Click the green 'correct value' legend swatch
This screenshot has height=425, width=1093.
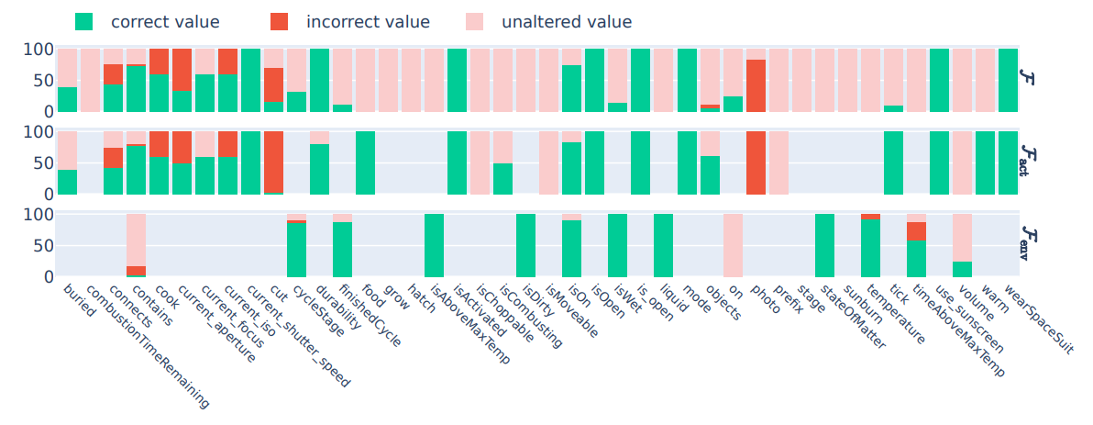click(83, 21)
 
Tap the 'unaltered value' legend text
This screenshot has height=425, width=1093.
click(566, 21)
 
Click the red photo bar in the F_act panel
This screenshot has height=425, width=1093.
click(756, 163)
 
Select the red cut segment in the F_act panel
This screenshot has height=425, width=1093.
click(273, 162)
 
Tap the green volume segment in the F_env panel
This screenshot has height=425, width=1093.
click(962, 269)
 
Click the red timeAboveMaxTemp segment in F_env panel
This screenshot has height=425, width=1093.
click(916, 231)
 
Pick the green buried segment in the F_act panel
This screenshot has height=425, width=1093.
click(67, 182)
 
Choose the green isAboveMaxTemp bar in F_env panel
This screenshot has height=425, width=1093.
click(434, 246)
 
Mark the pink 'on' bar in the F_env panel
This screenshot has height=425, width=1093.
click(733, 246)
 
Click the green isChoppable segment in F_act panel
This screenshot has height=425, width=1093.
click(502, 179)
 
